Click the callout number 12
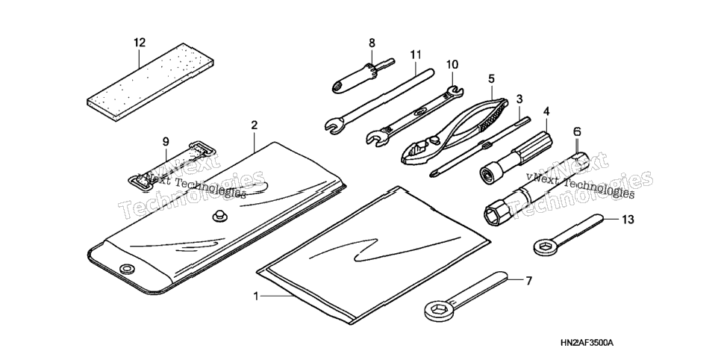[140, 43]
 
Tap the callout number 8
[372, 43]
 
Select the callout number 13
[628, 220]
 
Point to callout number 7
[528, 280]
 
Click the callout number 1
[256, 297]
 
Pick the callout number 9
[166, 143]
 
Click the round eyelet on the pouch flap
[125, 269]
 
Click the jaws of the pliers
[416, 152]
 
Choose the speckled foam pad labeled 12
[150, 81]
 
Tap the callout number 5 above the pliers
[491, 78]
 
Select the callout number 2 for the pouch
[255, 125]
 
